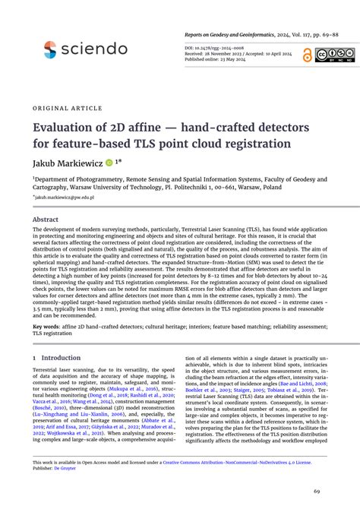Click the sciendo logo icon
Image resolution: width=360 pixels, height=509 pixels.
(50, 50)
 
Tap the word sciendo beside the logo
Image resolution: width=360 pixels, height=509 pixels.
(96, 49)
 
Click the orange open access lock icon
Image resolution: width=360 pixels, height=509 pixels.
(307, 54)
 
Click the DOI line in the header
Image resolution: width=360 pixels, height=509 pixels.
(216, 47)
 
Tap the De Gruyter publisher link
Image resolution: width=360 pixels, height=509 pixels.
(71, 469)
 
